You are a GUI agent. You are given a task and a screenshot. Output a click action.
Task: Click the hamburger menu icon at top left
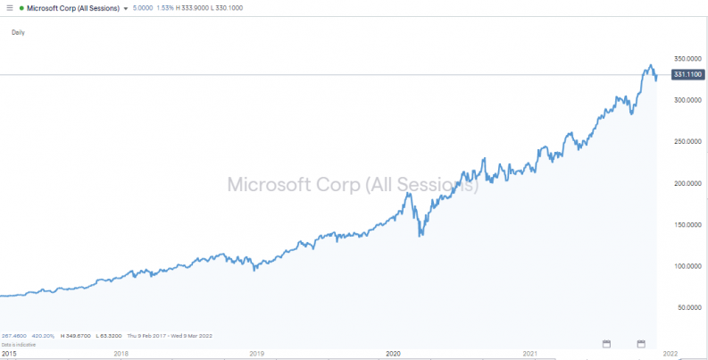(x=8, y=8)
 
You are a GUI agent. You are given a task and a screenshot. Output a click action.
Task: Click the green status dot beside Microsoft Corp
(x=21, y=8)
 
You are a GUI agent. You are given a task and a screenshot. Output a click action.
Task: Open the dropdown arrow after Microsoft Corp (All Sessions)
(x=126, y=8)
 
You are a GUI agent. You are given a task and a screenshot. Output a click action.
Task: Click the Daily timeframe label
(x=18, y=32)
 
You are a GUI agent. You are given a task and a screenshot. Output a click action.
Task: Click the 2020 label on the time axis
(x=394, y=354)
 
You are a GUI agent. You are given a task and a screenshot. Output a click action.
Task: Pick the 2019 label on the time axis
(x=256, y=354)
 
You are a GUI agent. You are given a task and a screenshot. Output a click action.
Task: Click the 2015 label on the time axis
(x=8, y=354)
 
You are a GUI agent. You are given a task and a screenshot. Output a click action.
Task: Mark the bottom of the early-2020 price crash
(x=420, y=236)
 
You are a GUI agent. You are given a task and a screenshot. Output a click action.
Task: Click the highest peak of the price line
(x=651, y=65)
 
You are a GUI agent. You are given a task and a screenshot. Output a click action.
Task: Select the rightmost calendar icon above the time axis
(x=641, y=343)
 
